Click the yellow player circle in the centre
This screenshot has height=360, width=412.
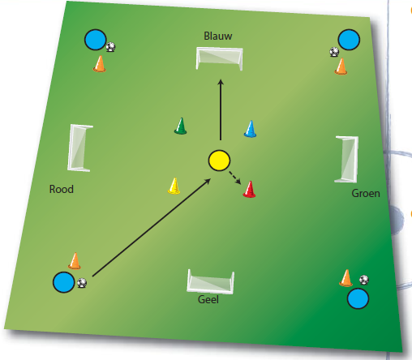pyautogui.click(x=219, y=161)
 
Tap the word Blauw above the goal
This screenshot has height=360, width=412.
pyautogui.click(x=218, y=36)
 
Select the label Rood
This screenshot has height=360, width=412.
pyautogui.click(x=62, y=189)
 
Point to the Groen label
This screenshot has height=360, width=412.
pyautogui.click(x=366, y=194)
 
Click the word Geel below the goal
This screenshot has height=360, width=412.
pyautogui.click(x=208, y=299)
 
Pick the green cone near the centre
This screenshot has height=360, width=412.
pyautogui.click(x=181, y=126)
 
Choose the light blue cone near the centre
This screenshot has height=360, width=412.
pyautogui.click(x=251, y=129)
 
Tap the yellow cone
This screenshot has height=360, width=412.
pyautogui.click(x=174, y=186)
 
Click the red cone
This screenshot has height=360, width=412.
pyautogui.click(x=249, y=189)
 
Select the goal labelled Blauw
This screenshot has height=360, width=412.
pyautogui.click(x=219, y=58)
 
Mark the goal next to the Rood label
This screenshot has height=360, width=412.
pyautogui.click(x=79, y=148)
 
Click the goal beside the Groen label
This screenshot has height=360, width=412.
pyautogui.click(x=346, y=160)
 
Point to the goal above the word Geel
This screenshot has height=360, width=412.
pyautogui.click(x=210, y=281)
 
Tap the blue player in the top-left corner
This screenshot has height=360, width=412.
pyautogui.click(x=96, y=40)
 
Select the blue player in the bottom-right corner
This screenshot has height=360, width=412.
pyautogui.click(x=358, y=298)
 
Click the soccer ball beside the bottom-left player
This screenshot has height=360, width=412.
pyautogui.click(x=82, y=283)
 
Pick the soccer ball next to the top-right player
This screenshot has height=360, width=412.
pyautogui.click(x=334, y=52)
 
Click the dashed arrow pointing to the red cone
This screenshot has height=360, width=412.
pyautogui.click(x=235, y=178)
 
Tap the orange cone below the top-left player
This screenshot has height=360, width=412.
pyautogui.click(x=100, y=64)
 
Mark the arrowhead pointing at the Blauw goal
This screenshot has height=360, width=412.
pyautogui.click(x=221, y=82)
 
